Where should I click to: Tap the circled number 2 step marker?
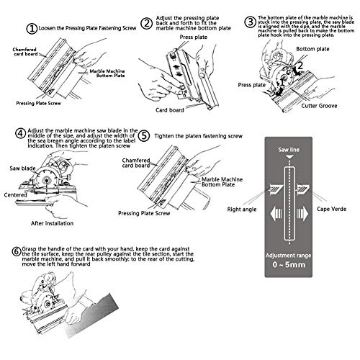tap(145, 24)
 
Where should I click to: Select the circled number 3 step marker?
tap(249, 22)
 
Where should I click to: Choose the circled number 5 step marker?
tap(144, 134)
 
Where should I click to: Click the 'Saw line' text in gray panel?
tap(289, 150)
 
